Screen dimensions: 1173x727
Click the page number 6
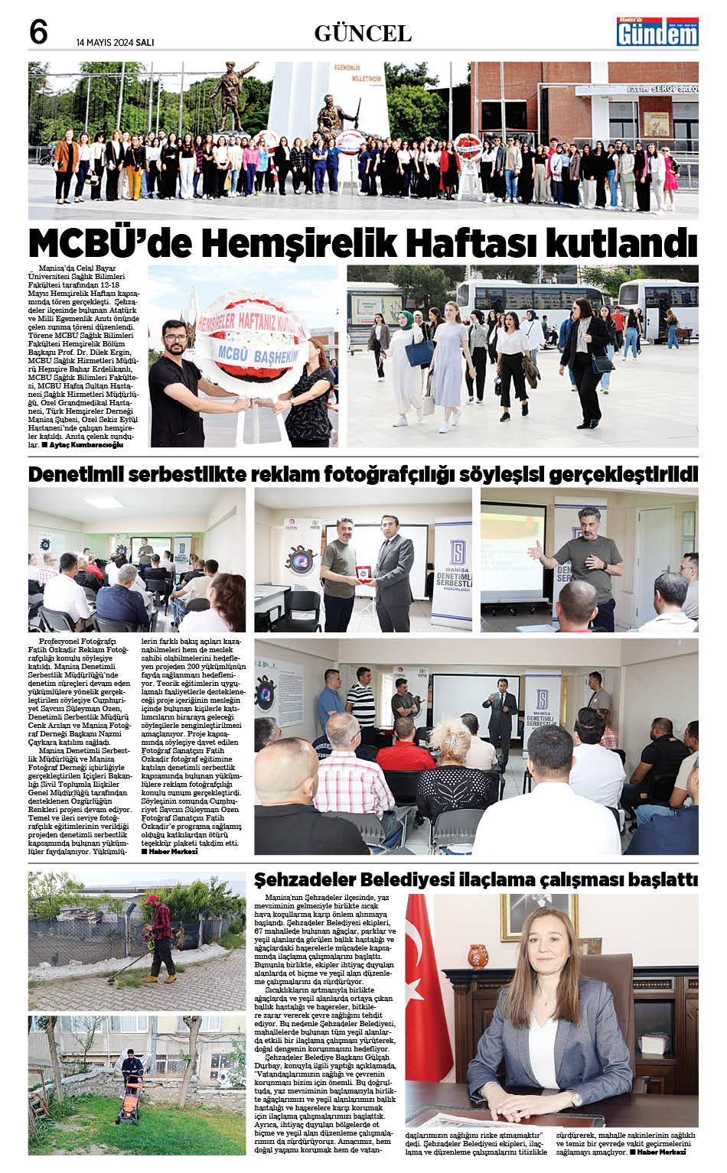[38, 33]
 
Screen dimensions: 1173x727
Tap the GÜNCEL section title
[363, 34]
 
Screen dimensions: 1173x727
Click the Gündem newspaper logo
[657, 32]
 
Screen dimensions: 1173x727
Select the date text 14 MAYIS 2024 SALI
[115, 43]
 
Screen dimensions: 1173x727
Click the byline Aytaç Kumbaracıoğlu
[86, 444]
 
